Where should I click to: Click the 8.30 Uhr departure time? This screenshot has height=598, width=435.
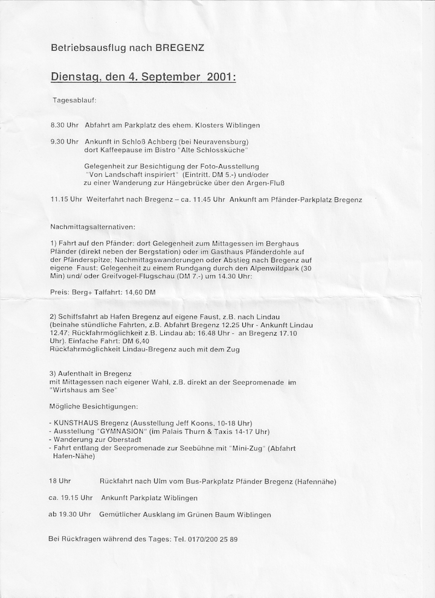pyautogui.click(x=65, y=126)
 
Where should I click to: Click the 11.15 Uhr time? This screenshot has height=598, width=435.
pyautogui.click(x=66, y=199)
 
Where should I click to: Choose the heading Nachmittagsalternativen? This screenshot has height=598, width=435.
pyautogui.click(x=93, y=227)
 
